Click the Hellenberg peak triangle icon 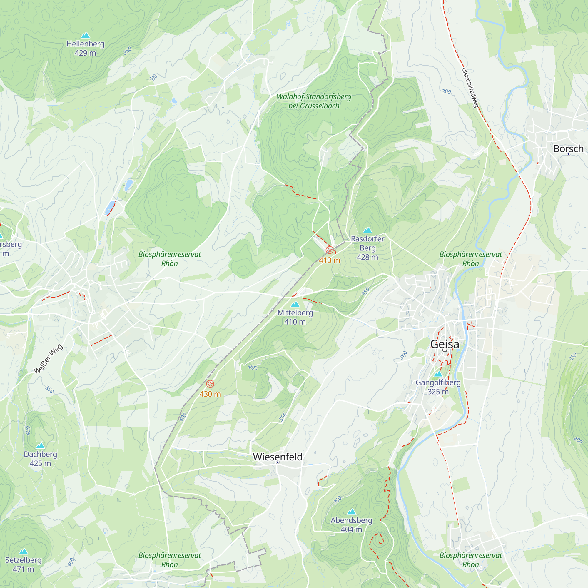86,35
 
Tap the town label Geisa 444,344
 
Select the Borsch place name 568,148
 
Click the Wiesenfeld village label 278,457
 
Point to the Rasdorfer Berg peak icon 367,230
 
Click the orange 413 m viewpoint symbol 329,250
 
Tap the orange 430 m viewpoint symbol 210,384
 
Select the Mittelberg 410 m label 295,317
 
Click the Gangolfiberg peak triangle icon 438,374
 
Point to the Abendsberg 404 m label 351,525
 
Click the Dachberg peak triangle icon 40,446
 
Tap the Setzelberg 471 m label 24,564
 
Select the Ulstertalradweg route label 470,88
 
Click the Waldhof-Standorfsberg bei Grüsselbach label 314,101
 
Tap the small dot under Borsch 568,154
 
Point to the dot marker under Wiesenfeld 278,462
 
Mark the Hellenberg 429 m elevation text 85,53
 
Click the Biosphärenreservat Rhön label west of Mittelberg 170,259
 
